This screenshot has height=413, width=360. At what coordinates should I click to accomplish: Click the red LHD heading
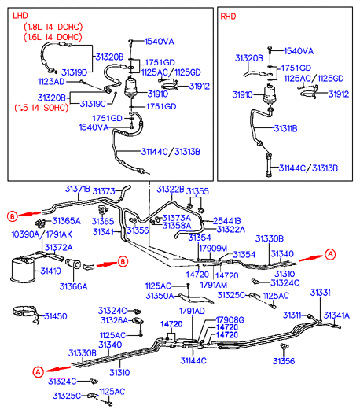pyautogui.click(x=20, y=16)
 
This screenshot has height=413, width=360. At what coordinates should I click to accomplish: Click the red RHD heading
pyautogui.click(x=228, y=17)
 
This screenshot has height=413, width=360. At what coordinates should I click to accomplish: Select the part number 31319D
pyautogui.click(x=75, y=72)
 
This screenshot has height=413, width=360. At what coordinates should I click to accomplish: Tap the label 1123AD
pyautogui.click(x=51, y=82)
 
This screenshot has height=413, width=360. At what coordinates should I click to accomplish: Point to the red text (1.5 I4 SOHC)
pyautogui.click(x=42, y=108)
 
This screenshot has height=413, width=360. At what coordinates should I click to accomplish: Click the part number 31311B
pyautogui.click(x=285, y=128)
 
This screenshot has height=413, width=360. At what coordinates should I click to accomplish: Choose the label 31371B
pyautogui.click(x=78, y=189)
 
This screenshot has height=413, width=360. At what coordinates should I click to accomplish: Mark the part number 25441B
pyautogui.click(x=227, y=221)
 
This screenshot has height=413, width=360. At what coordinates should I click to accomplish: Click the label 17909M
pyautogui.click(x=213, y=248)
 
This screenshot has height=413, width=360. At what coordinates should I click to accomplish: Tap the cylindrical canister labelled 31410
pyautogui.click(x=23, y=269)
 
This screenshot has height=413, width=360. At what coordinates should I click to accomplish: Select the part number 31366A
pyautogui.click(x=73, y=286)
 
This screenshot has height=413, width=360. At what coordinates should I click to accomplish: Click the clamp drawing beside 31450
pyautogui.click(x=26, y=313)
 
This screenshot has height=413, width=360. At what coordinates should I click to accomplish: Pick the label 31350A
pyautogui.click(x=160, y=296)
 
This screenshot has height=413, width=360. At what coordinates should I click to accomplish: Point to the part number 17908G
pyautogui.click(x=230, y=319)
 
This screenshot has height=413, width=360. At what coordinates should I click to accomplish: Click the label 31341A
pyautogui.click(x=336, y=315)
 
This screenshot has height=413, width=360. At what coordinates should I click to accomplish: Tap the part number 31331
pyautogui.click(x=321, y=293)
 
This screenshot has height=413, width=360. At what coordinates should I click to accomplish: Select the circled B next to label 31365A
pyautogui.click(x=12, y=216)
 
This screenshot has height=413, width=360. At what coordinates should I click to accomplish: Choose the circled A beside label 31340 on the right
pyautogui.click(x=330, y=254)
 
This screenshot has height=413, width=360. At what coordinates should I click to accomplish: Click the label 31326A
pyautogui.click(x=114, y=320)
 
